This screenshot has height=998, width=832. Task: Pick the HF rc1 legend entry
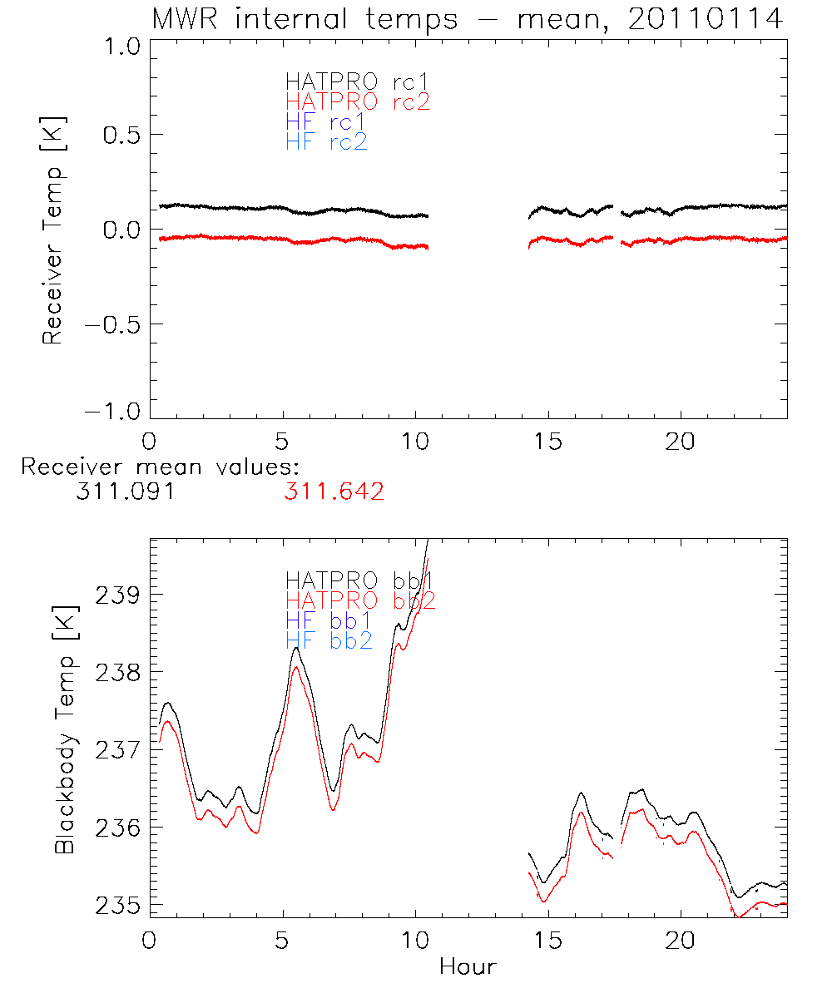(x=325, y=122)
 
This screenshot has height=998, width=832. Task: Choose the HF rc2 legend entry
(x=327, y=142)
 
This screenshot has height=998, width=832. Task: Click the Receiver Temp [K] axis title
(x=53, y=230)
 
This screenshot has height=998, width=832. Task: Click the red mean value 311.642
(x=333, y=492)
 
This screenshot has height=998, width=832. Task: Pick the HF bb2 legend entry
(x=329, y=640)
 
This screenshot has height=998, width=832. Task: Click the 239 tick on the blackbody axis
(x=119, y=595)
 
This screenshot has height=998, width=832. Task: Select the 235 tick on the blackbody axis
(x=119, y=905)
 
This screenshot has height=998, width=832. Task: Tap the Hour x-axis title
(x=468, y=966)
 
